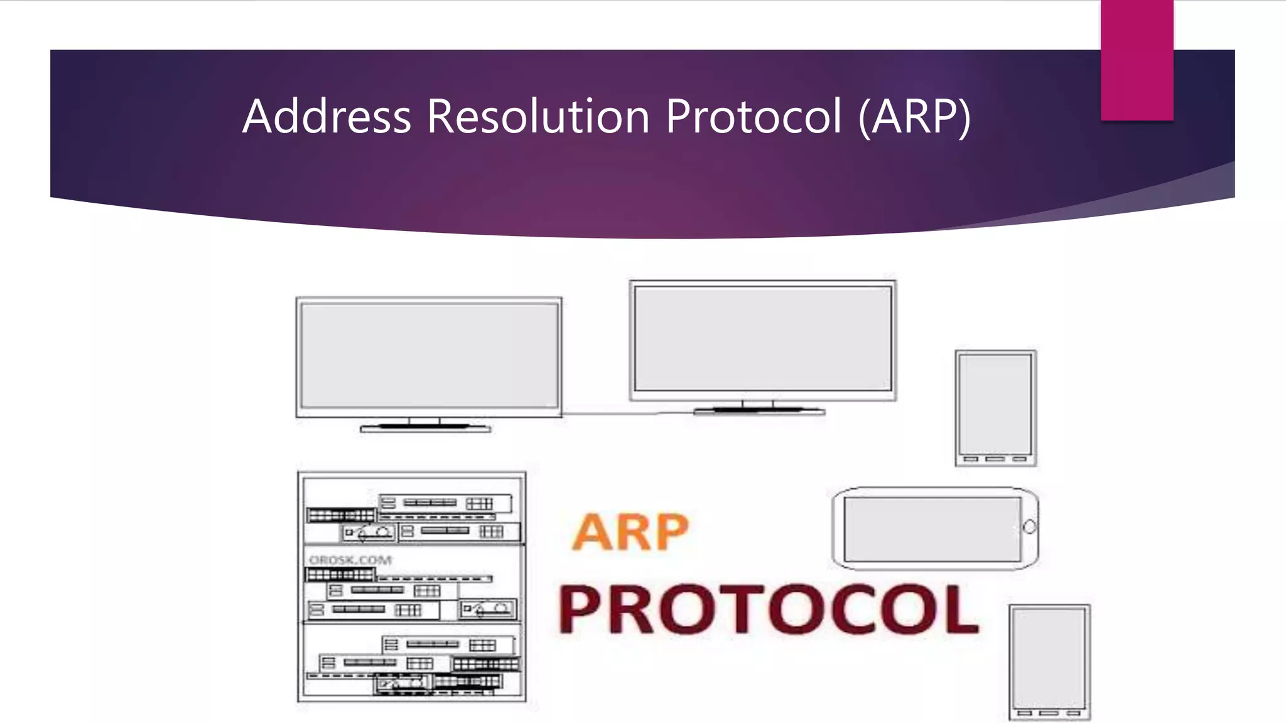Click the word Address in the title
coord(327,117)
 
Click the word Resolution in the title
coord(538,117)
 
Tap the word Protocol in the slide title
coord(753,117)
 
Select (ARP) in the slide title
coord(914,117)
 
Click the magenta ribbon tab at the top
coord(1137,60)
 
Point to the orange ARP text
coord(630,532)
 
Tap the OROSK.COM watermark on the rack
coord(350,560)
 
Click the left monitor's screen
coord(430,355)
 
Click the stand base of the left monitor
coord(425,429)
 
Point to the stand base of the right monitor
coord(759,412)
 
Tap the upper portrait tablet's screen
coord(995,404)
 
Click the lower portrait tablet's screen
coord(1049,658)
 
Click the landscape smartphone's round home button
coord(1029,527)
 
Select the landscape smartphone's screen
coord(932,529)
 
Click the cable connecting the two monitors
coord(609,414)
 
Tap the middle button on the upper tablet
coord(995,459)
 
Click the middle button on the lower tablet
coord(1049,714)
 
